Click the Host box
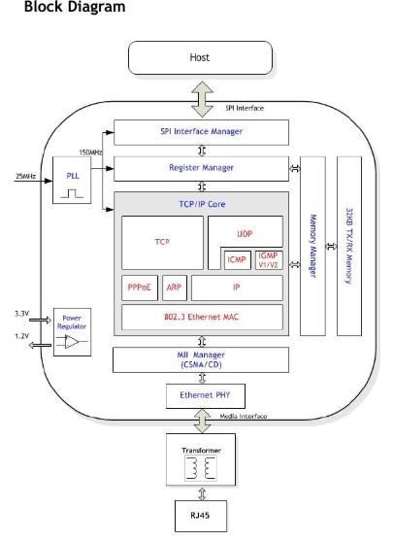point(200,57)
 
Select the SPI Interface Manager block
point(201,132)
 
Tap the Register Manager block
point(201,169)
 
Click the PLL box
point(72,180)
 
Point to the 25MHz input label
point(25,177)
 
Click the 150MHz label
point(90,152)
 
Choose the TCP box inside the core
point(162,243)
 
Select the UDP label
point(245,234)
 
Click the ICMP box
point(237,260)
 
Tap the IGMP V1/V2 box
point(269,260)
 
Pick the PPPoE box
point(140,287)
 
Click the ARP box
point(175,287)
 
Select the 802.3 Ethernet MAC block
point(202,317)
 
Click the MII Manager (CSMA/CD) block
point(201,360)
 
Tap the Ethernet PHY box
point(206,396)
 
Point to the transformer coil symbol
point(201,468)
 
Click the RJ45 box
point(201,516)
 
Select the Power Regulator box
point(73,332)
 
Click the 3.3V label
point(21,314)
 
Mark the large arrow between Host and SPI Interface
point(203,99)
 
